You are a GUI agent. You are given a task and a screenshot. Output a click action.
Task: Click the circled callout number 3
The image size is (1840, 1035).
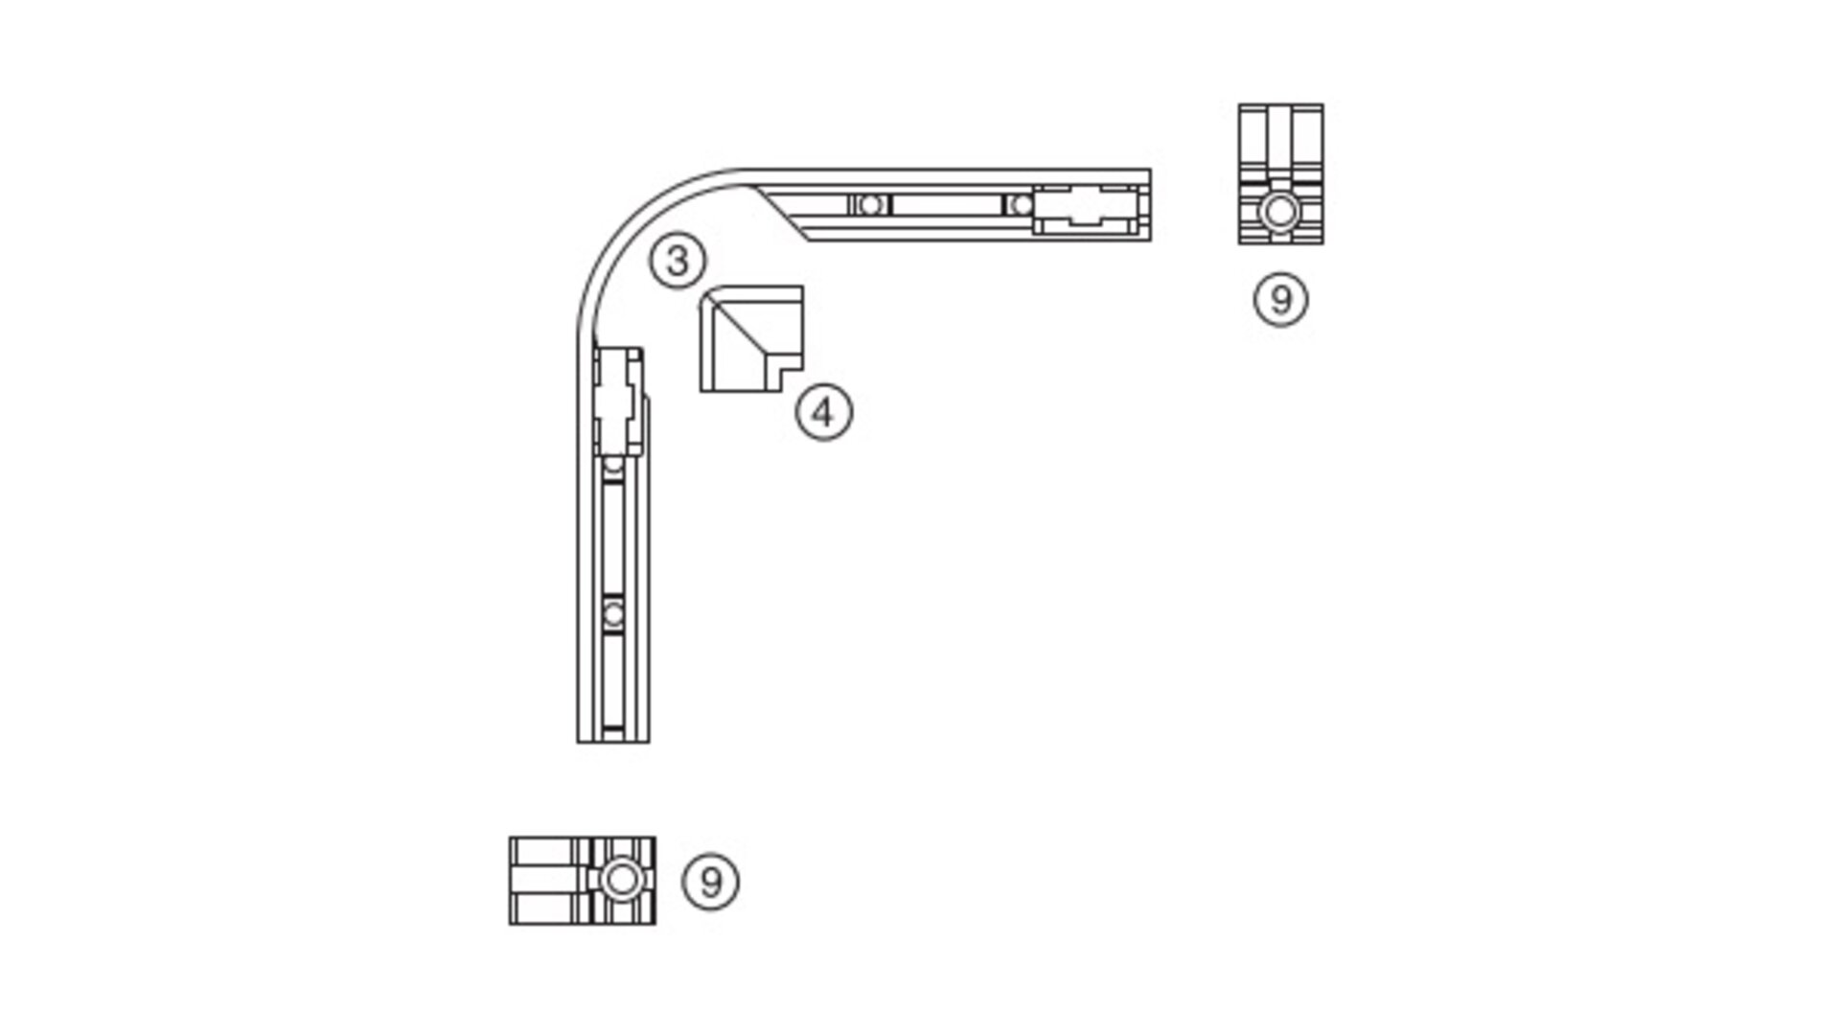click(678, 261)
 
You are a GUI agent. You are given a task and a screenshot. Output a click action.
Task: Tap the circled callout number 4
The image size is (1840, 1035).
click(823, 413)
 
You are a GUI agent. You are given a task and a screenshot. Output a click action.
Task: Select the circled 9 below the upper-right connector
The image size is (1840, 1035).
click(1280, 299)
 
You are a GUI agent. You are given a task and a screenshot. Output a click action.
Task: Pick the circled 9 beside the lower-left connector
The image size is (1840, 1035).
click(710, 882)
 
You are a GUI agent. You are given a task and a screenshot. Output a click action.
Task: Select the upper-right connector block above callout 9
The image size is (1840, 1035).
click(1280, 174)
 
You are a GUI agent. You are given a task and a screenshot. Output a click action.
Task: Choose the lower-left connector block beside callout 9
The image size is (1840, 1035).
click(583, 881)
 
